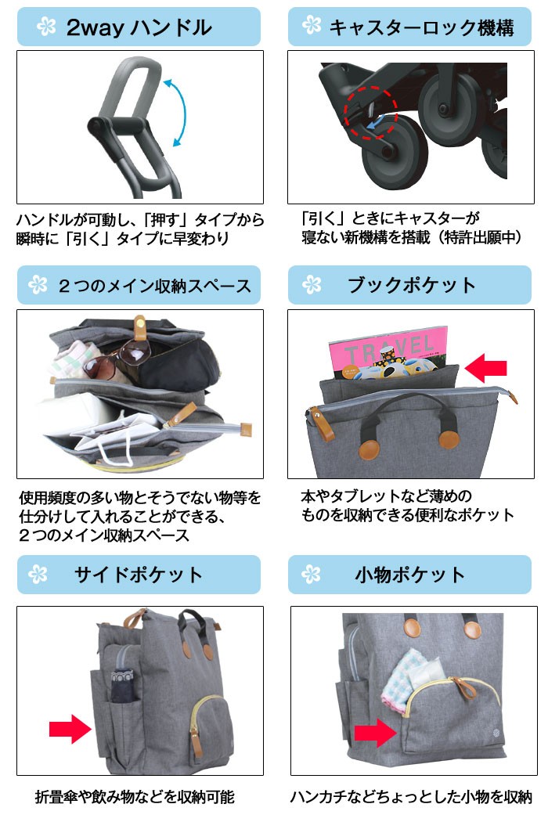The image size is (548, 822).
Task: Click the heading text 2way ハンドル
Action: [139, 28]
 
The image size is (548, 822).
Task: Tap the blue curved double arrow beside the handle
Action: [179, 112]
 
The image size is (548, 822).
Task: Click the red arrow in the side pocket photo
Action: [70, 728]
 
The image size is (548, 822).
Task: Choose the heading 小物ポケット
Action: [409, 575]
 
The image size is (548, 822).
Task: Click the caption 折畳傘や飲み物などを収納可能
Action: [135, 798]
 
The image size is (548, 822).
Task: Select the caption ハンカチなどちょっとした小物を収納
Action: [411, 798]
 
